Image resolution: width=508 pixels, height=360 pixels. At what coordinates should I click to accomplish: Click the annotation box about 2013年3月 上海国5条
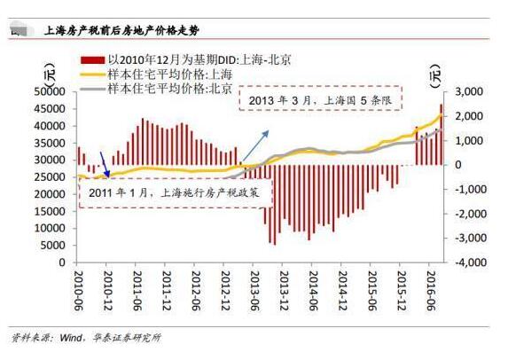pos(319,99)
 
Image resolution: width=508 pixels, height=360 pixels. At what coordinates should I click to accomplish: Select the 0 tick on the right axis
pos(458,165)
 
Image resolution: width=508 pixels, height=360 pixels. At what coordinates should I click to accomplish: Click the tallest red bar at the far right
pos(441,134)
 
